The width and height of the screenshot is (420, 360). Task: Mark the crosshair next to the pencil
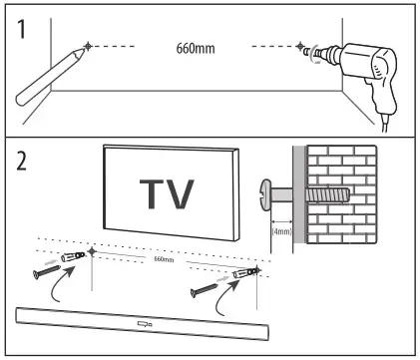click(x=89, y=46)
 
